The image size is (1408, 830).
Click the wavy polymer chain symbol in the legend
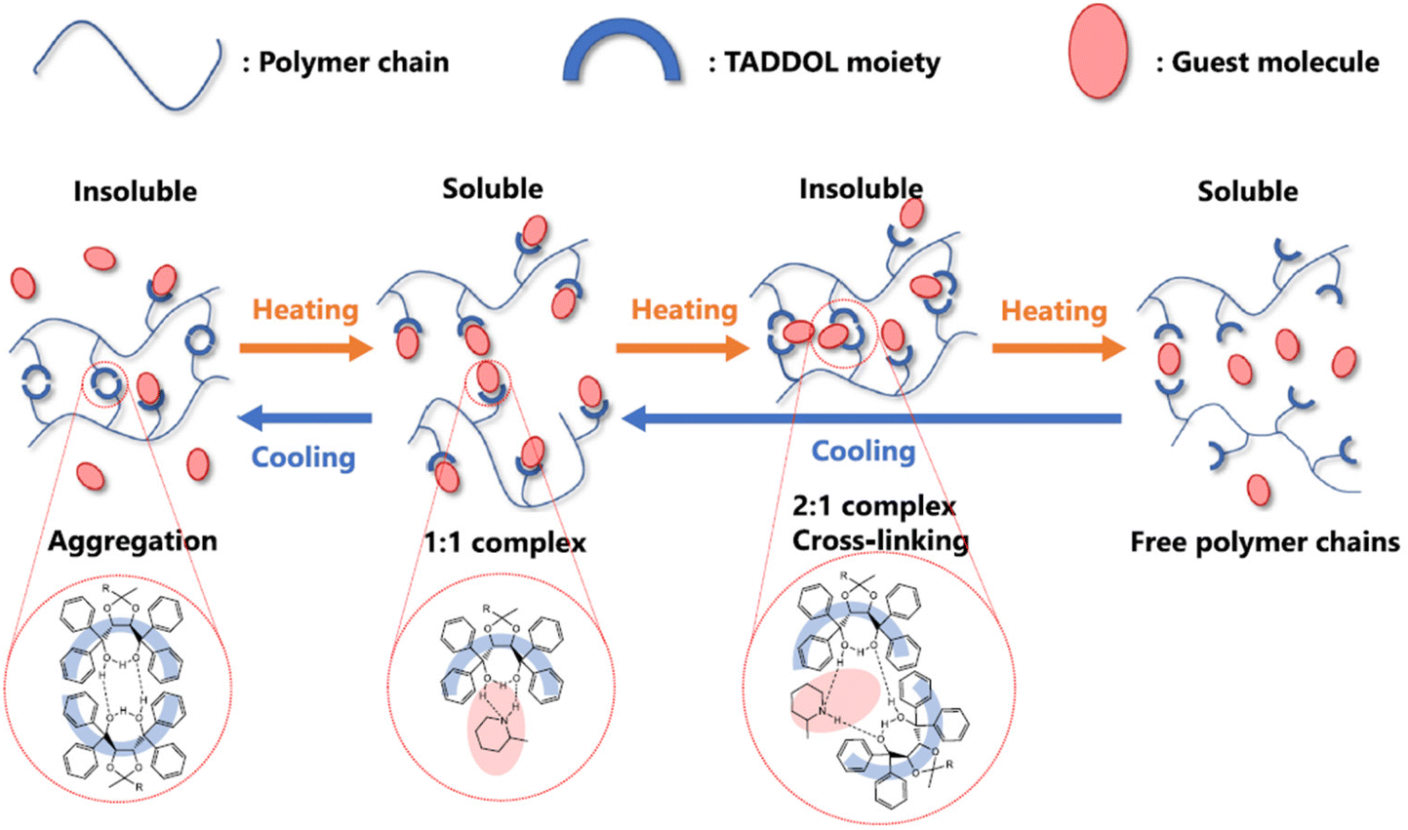127,61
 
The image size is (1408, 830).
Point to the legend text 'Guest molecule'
1275,63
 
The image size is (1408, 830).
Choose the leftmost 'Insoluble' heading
135,191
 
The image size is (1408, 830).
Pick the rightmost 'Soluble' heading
1247,191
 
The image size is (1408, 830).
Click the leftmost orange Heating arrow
306,348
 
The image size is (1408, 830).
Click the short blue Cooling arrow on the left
305,419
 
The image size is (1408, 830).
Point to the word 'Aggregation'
133,541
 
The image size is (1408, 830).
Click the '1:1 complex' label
504,543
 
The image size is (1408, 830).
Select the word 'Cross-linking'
880,540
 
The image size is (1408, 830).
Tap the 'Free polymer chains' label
1265,542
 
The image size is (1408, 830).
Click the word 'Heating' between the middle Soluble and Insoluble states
684,310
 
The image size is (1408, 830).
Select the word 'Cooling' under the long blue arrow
864,452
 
